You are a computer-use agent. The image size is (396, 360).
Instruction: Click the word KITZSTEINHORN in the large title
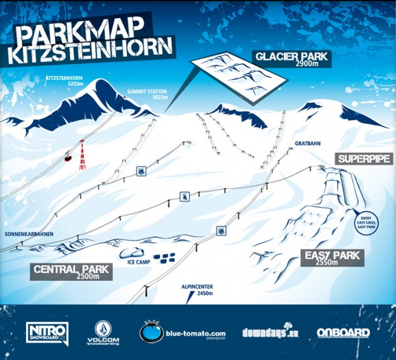[x=90, y=52]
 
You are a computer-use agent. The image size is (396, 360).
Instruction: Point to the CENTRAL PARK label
[x=71, y=271]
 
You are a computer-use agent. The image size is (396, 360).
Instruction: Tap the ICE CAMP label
[x=139, y=262]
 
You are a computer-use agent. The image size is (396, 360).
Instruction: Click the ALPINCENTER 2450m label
[x=197, y=290]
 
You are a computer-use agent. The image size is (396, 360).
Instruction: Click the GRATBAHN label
[x=307, y=144]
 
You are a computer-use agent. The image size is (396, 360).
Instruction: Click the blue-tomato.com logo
[x=183, y=333]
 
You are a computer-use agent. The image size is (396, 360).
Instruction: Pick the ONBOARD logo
[x=343, y=333]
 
